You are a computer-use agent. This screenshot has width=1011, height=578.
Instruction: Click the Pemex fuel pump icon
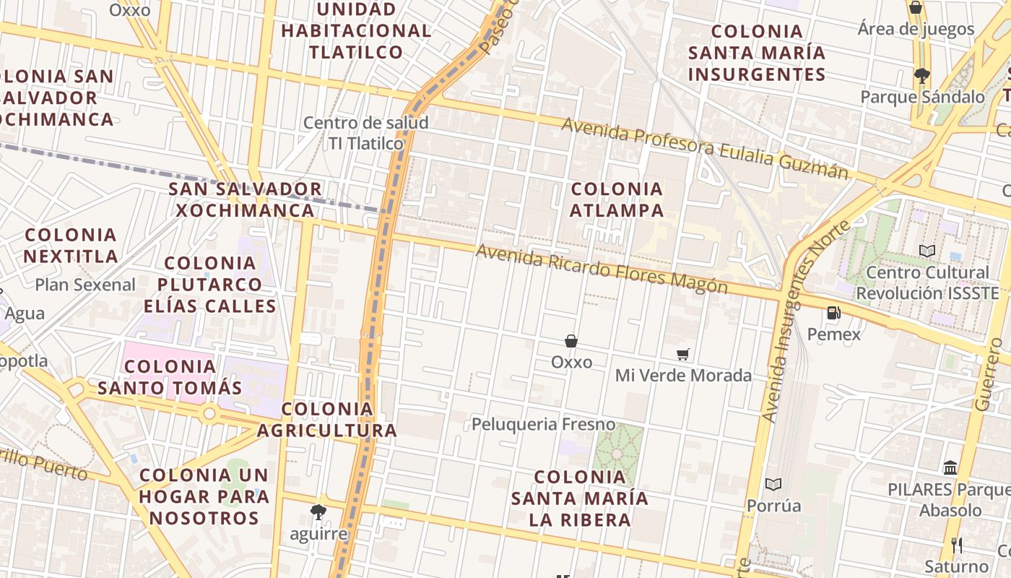(x=833, y=313)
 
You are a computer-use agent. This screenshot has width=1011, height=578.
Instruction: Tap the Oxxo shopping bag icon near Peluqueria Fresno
(x=571, y=340)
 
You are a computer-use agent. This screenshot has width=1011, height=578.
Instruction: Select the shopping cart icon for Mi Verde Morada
(x=682, y=354)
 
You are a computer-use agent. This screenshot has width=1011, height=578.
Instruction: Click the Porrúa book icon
(x=773, y=484)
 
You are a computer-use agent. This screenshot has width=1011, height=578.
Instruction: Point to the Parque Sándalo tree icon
(x=921, y=74)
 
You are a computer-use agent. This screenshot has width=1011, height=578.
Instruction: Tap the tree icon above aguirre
(x=318, y=512)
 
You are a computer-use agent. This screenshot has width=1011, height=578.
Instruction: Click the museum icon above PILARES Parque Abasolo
(x=950, y=467)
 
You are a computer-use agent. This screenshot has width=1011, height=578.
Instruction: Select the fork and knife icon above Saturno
(x=957, y=545)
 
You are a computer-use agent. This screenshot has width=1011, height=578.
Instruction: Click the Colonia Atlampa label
(x=617, y=199)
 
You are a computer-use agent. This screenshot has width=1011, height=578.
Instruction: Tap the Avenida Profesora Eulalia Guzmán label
(x=705, y=148)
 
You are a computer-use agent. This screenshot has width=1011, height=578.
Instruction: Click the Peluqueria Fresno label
(x=543, y=424)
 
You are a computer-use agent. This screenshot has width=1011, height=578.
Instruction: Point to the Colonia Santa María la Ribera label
(x=580, y=498)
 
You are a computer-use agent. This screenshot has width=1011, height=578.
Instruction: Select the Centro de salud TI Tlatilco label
(x=366, y=133)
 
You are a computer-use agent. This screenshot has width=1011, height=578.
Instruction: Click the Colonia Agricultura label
(x=327, y=420)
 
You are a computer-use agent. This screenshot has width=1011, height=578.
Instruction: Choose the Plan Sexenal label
(x=85, y=285)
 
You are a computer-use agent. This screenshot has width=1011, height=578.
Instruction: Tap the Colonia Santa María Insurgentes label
(x=757, y=53)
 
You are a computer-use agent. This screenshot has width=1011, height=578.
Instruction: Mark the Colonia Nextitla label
(x=71, y=246)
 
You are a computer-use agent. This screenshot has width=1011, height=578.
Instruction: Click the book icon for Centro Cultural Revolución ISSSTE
(x=927, y=251)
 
